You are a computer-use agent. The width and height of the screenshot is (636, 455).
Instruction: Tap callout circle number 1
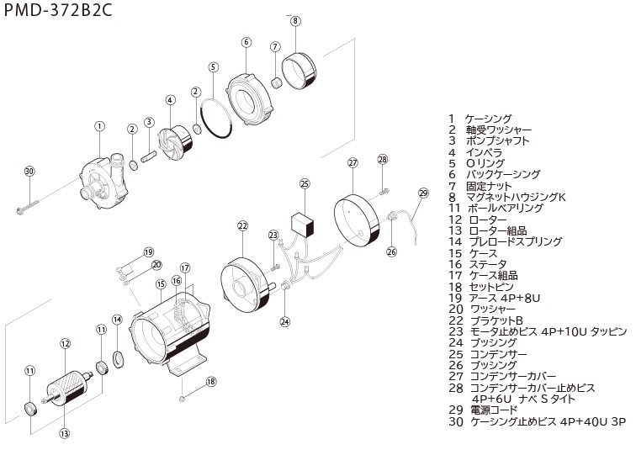[99, 126]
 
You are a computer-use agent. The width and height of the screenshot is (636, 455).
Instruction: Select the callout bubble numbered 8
[295, 21]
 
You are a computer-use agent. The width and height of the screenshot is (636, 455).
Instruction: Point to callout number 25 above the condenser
[305, 183]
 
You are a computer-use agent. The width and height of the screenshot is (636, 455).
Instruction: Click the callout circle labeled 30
[29, 171]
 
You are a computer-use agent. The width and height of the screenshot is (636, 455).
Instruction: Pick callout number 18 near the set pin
[210, 381]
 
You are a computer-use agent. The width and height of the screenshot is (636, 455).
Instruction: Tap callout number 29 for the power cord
[423, 193]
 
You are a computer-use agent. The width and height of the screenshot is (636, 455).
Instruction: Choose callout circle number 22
[243, 226]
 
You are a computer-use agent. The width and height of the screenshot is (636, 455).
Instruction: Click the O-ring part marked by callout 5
[220, 119]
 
